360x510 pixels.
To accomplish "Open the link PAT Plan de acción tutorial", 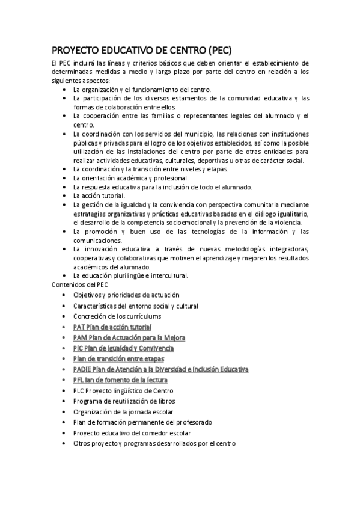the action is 112,327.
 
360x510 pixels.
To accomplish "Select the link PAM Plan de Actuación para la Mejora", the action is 129,338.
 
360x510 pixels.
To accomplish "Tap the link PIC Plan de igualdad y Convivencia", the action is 123,348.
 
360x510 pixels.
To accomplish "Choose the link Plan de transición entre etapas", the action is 118,359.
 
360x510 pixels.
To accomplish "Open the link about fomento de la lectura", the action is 120,380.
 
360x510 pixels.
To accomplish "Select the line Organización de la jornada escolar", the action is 123,412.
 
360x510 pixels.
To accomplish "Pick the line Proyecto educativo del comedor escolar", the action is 132,433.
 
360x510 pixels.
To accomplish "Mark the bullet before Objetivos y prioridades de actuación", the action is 64,295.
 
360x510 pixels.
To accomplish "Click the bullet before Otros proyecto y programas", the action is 64,444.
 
